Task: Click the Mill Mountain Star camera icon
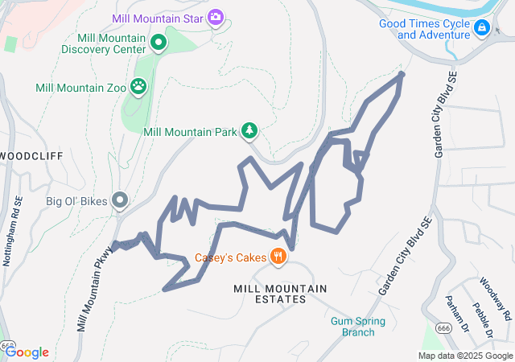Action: pyautogui.click(x=215, y=16)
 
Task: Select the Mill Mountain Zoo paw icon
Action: pyautogui.click(x=139, y=84)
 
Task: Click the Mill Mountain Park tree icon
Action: pyautogui.click(x=249, y=130)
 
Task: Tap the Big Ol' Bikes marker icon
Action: pyautogui.click(x=121, y=199)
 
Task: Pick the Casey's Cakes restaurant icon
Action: pyautogui.click(x=278, y=257)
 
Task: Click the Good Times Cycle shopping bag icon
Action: pyautogui.click(x=481, y=29)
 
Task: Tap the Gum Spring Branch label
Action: pyautogui.click(x=358, y=327)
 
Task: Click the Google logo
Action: pyautogui.click(x=27, y=352)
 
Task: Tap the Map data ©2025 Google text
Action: pyautogui.click(x=465, y=356)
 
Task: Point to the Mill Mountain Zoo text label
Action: pyautogui.click(x=80, y=87)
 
